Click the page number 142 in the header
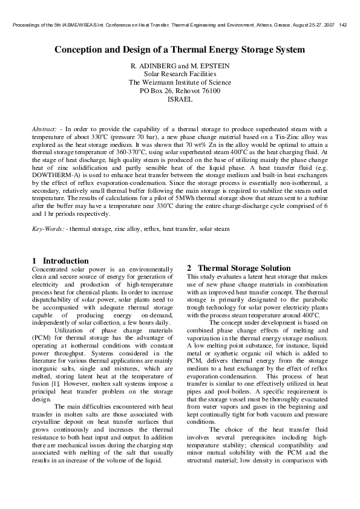(343, 25)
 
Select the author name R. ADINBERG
(151, 65)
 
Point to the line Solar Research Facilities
(180, 74)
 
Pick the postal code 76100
(210, 91)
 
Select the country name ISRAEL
(180, 99)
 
